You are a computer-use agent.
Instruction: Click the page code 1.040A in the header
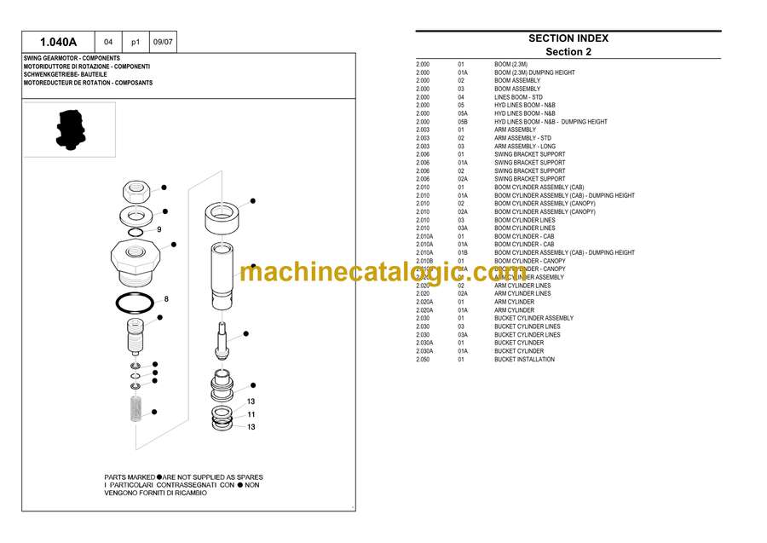(x=59, y=42)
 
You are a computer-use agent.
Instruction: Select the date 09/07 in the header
(x=163, y=42)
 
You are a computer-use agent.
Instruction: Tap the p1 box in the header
(x=136, y=42)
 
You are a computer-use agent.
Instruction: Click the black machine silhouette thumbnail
(x=70, y=130)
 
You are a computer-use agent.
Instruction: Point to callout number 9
(x=159, y=229)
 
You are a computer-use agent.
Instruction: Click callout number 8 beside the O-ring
(x=166, y=299)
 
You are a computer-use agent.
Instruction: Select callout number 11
(x=251, y=414)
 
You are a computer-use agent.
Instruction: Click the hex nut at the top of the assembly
(x=136, y=188)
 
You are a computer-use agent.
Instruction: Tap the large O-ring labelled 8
(x=135, y=302)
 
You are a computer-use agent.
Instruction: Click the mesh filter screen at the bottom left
(x=136, y=409)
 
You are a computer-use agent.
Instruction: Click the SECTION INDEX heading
(x=568, y=38)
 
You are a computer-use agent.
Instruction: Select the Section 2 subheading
(x=568, y=52)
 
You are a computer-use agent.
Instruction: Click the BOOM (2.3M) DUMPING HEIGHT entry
(x=534, y=72)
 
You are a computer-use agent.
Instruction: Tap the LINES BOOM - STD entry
(x=518, y=97)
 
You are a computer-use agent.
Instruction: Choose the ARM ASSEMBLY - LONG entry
(x=524, y=147)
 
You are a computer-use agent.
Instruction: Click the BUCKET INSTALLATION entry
(x=524, y=360)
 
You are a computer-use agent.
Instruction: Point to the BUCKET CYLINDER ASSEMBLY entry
(x=533, y=318)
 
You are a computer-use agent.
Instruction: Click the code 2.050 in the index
(x=423, y=360)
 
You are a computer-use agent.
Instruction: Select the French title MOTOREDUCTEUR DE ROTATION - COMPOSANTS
(x=88, y=83)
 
